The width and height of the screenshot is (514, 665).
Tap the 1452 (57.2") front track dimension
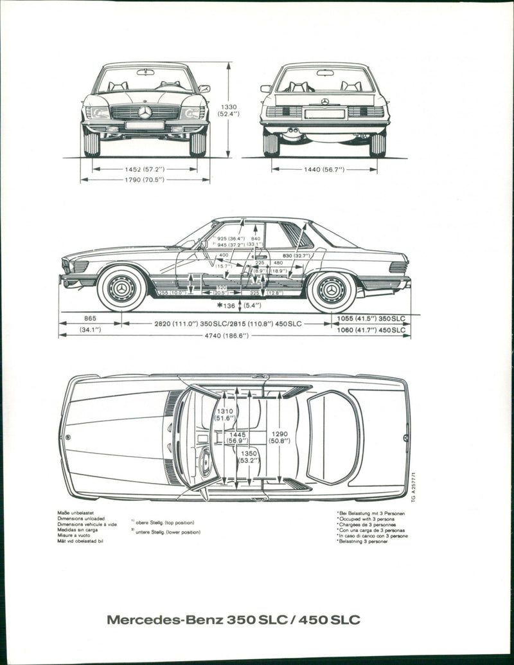[145, 169]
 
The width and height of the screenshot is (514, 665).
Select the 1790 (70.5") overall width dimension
[145, 179]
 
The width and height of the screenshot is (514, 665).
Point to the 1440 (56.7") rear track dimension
[324, 169]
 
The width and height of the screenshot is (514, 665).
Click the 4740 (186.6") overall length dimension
[235, 335]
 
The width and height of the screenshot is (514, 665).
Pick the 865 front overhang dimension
[90, 318]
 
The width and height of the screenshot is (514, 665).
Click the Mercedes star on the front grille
[145, 113]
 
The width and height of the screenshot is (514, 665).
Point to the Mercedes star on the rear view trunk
[325, 102]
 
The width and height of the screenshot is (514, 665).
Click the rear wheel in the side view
[332, 291]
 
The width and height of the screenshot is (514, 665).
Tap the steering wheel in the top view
[205, 462]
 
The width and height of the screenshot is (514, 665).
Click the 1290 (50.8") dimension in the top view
[279, 437]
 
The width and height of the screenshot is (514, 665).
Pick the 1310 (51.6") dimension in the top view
[225, 415]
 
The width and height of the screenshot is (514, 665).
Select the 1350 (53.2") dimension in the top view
[249, 457]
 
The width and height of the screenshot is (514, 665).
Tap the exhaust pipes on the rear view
[293, 135]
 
